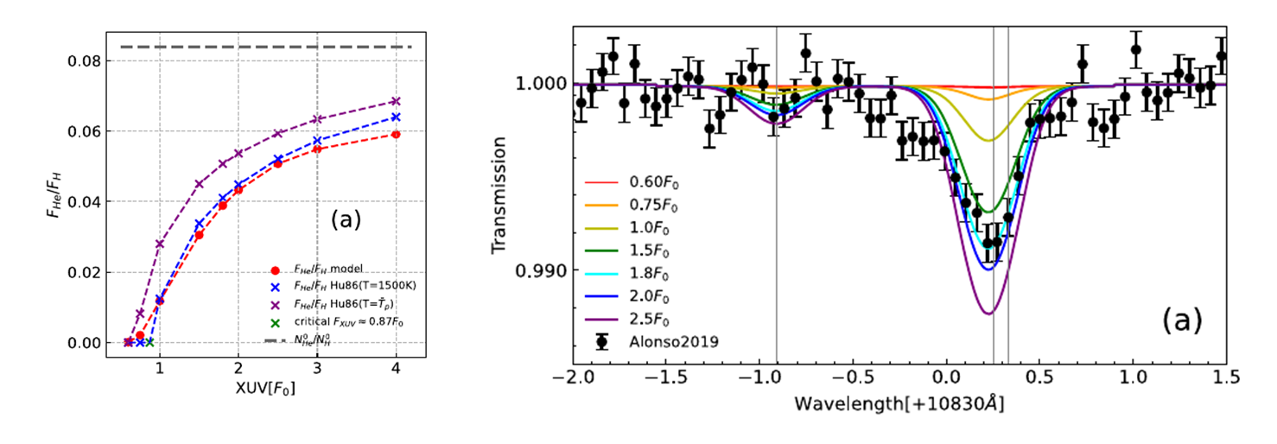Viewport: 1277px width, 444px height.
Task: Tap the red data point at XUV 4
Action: [396, 134]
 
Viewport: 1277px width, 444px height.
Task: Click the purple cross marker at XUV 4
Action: [396, 101]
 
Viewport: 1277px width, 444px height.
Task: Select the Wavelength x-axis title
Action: [899, 403]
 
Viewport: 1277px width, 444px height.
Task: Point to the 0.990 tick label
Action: [541, 271]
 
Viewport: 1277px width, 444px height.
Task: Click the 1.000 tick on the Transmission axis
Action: [541, 84]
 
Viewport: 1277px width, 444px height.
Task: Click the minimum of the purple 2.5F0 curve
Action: [989, 313]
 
